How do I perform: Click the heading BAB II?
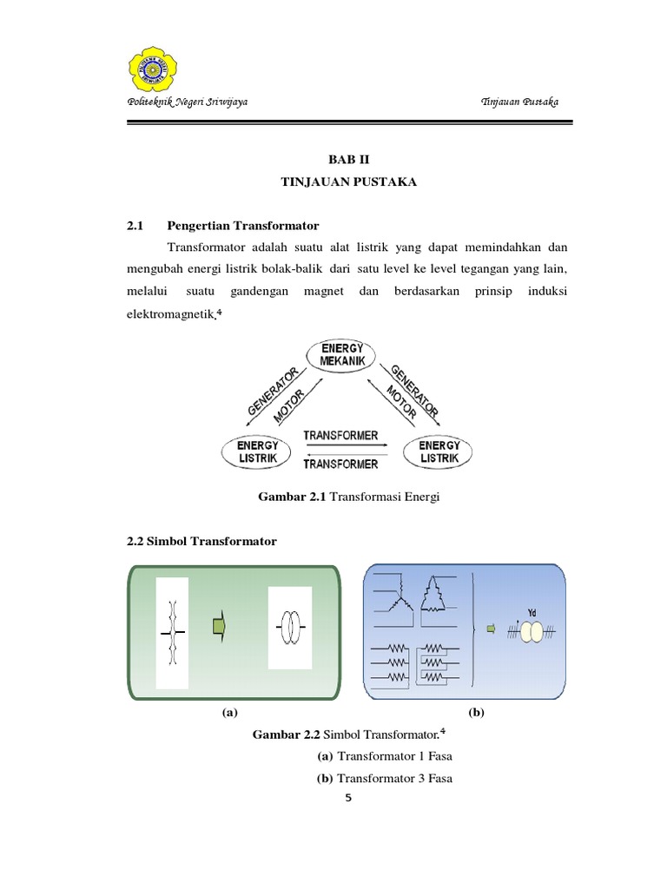pyautogui.click(x=342, y=159)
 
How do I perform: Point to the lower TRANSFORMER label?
pyautogui.click(x=340, y=464)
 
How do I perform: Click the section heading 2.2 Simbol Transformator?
pyautogui.click(x=201, y=541)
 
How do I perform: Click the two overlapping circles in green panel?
pyautogui.click(x=290, y=627)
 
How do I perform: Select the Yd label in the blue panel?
pyautogui.click(x=532, y=611)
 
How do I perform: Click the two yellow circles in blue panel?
pyautogui.click(x=531, y=631)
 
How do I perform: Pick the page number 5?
pyautogui.click(x=348, y=799)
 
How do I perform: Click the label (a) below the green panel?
pyautogui.click(x=229, y=712)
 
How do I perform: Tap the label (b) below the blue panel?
pyautogui.click(x=476, y=712)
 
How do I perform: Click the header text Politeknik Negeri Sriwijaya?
pyautogui.click(x=188, y=102)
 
